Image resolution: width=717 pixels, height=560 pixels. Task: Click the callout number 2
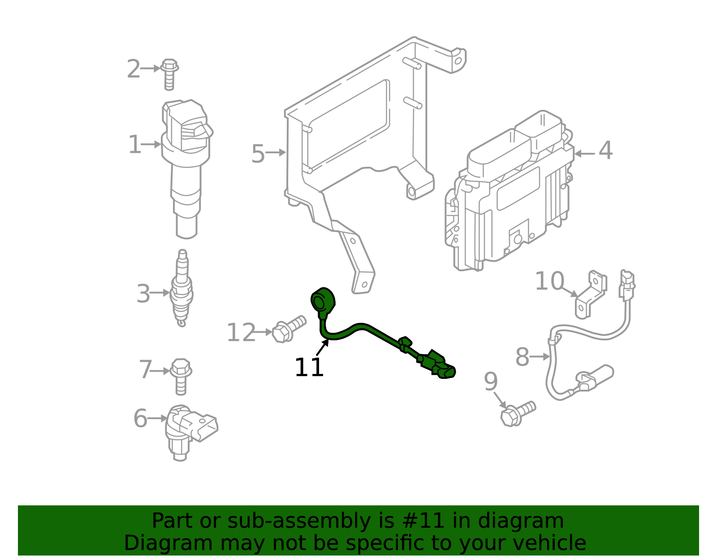133,69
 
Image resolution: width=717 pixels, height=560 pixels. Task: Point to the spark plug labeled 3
182,289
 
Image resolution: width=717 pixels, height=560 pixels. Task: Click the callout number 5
258,154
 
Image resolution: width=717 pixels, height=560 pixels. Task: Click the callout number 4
605,151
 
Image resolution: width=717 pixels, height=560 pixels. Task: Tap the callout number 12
241,333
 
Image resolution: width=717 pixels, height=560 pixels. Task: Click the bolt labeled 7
181,375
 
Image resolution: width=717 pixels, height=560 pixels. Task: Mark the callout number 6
140,418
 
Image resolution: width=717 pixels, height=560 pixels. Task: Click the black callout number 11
309,368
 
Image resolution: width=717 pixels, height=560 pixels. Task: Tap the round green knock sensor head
322,300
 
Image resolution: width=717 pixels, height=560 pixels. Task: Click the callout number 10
549,282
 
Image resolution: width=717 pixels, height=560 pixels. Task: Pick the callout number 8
522,357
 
